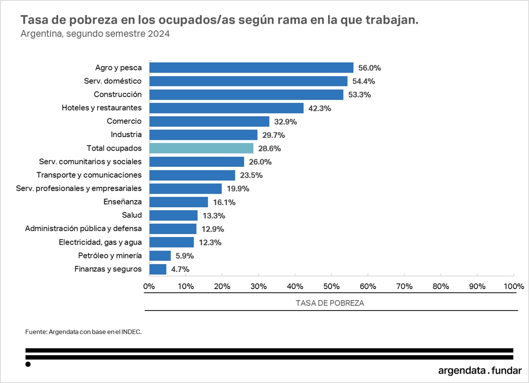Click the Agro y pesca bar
click(x=251, y=68)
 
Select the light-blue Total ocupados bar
click(x=201, y=148)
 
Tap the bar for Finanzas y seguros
click(x=158, y=269)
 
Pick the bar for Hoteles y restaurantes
click(x=226, y=108)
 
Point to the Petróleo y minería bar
click(x=160, y=256)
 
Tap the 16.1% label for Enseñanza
click(x=224, y=202)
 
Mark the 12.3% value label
click(x=210, y=242)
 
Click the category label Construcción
click(x=118, y=94)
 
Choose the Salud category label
click(x=132, y=215)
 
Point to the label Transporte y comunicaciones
click(x=89, y=175)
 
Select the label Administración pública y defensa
click(x=84, y=229)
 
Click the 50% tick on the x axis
click(x=331, y=286)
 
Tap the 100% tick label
click(x=513, y=286)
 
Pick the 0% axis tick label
click(x=149, y=286)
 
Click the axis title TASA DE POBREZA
click(x=330, y=303)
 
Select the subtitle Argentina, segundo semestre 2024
click(x=95, y=34)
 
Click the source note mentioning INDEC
click(x=83, y=332)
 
